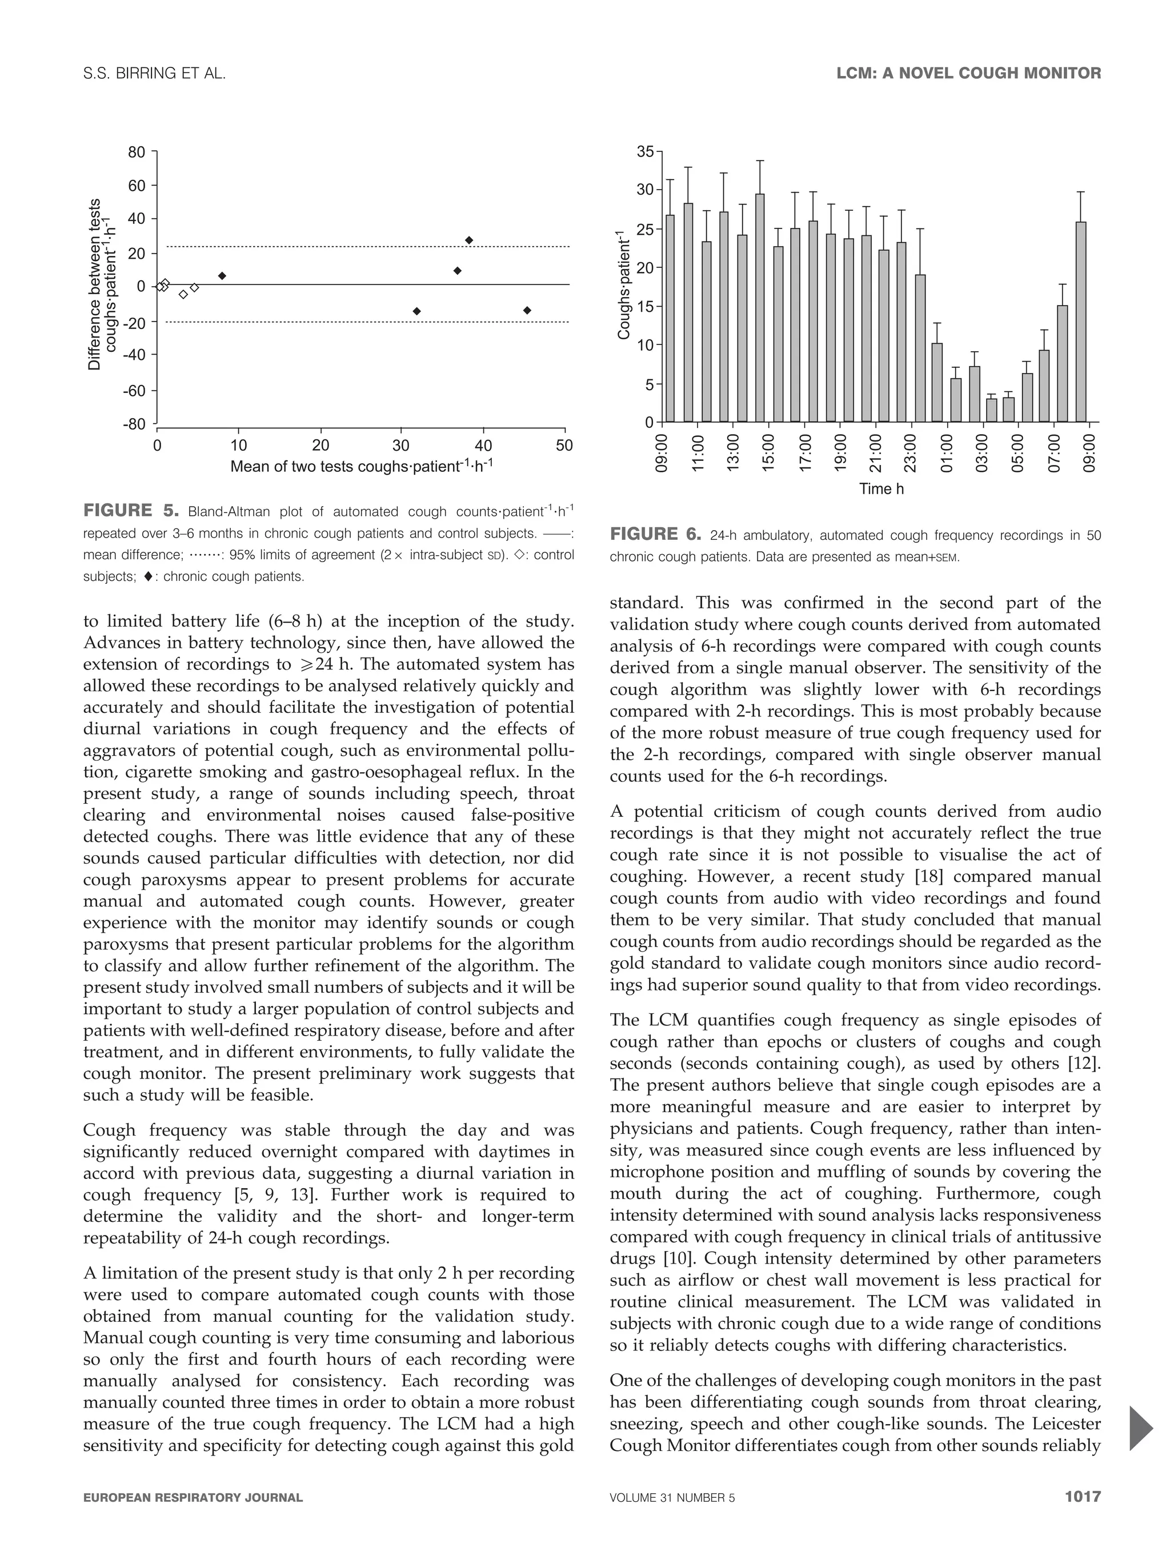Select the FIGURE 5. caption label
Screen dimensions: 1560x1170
pyautogui.click(x=131, y=510)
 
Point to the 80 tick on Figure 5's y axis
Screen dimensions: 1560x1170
pyautogui.click(x=136, y=153)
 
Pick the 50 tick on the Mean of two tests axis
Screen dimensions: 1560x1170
pyautogui.click(x=564, y=446)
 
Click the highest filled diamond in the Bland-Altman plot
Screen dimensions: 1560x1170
pyautogui.click(x=469, y=240)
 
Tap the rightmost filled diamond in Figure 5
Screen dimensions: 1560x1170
pyautogui.click(x=527, y=310)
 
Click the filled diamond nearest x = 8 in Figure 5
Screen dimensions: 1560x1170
pyautogui.click(x=222, y=276)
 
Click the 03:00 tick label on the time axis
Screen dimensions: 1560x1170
pyautogui.click(x=983, y=453)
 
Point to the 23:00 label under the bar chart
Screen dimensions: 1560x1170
pyautogui.click(x=911, y=453)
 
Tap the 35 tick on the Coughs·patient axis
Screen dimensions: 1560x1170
pyautogui.click(x=644, y=151)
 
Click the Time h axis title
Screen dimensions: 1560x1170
pyautogui.click(x=881, y=489)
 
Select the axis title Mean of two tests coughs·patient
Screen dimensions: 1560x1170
pyautogui.click(x=361, y=466)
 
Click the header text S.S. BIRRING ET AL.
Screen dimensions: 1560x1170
pyautogui.click(x=154, y=73)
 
